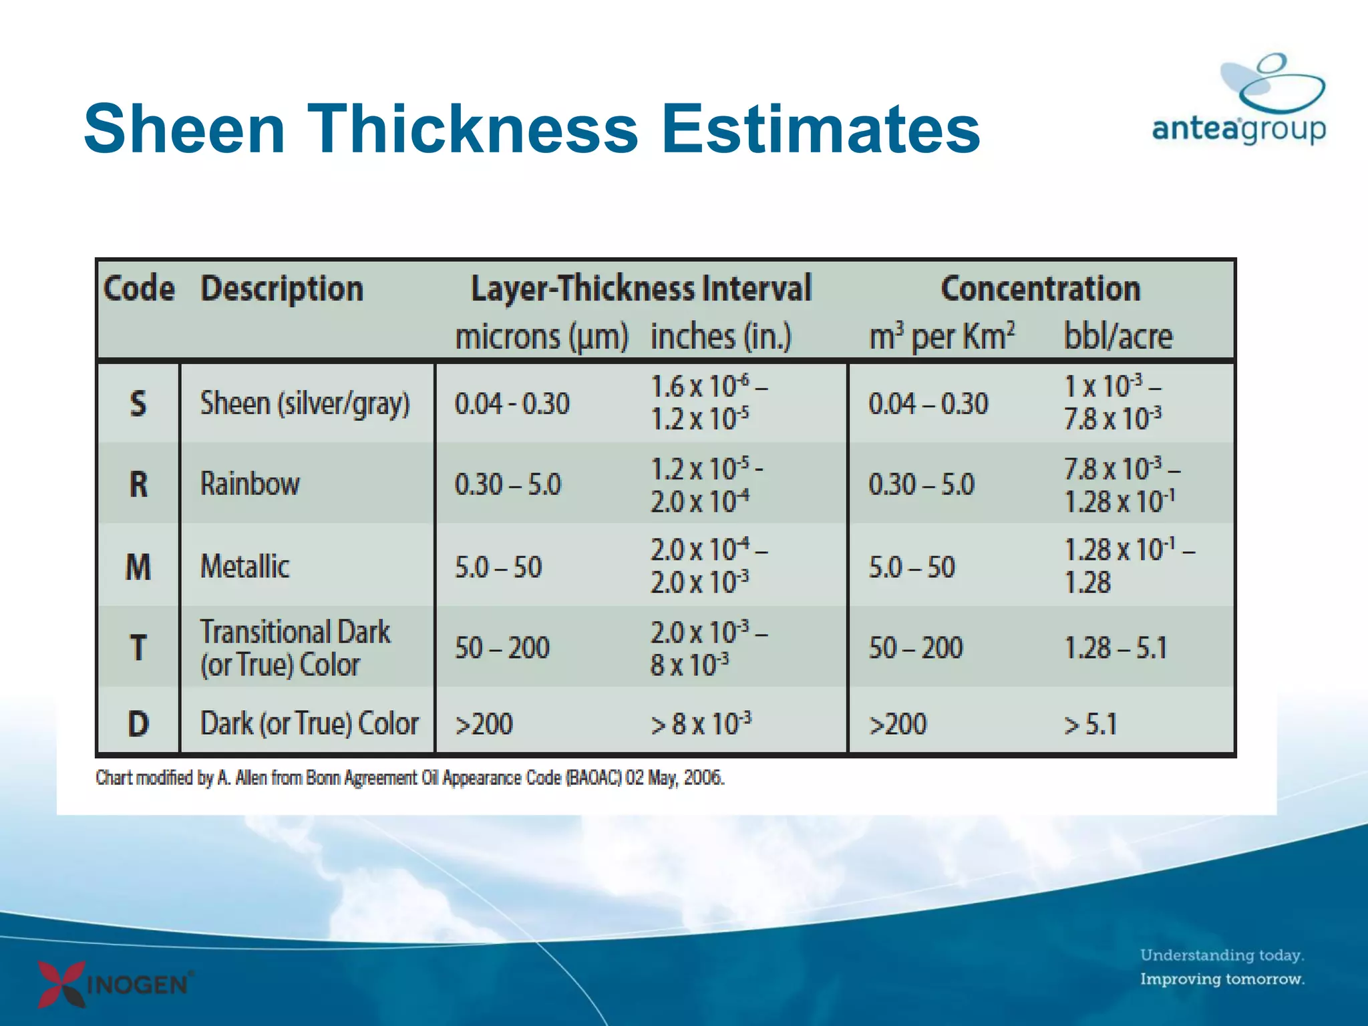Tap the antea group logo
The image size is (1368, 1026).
pyautogui.click(x=1239, y=100)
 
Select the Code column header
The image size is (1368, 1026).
pyautogui.click(x=139, y=289)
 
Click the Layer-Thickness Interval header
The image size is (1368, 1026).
pyautogui.click(x=641, y=289)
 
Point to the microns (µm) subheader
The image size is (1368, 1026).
pyautogui.click(x=541, y=336)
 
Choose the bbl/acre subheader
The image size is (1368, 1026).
pyautogui.click(x=1118, y=336)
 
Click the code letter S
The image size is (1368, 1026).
pyautogui.click(x=138, y=403)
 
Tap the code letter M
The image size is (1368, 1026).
pyautogui.click(x=138, y=567)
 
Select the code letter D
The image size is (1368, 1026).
pyautogui.click(x=138, y=723)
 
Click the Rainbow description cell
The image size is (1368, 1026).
pyautogui.click(x=250, y=484)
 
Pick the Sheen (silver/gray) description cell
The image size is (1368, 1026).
pyautogui.click(x=305, y=403)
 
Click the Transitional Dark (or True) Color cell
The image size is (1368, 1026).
pyautogui.click(x=295, y=648)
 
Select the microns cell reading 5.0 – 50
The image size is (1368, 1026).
pyautogui.click(x=498, y=567)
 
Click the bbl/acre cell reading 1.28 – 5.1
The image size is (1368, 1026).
pyautogui.click(x=1115, y=648)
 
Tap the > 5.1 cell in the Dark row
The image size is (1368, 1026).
pyautogui.click(x=1090, y=724)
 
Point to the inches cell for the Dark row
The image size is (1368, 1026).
pyautogui.click(x=701, y=724)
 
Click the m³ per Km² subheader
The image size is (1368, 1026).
pyautogui.click(x=941, y=336)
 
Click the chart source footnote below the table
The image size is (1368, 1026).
pyautogui.click(x=409, y=778)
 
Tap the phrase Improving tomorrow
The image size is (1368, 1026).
pyautogui.click(x=1222, y=979)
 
